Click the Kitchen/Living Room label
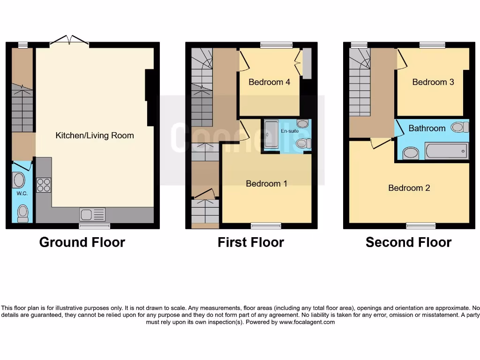tap(95, 135)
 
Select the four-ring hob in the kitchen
tap(44, 185)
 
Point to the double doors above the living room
tap(69, 40)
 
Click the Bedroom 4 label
tap(269, 82)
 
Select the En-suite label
tap(290, 131)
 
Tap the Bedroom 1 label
tap(266, 183)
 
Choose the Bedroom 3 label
tap(433, 82)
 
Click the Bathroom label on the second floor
tap(427, 128)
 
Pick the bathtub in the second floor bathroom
tap(446, 151)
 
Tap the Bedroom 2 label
tap(409, 188)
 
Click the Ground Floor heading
tap(82, 242)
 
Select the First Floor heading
tap(251, 242)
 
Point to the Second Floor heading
tap(408, 242)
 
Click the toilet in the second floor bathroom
tap(460, 127)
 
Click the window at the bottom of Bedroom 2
tap(420, 225)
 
